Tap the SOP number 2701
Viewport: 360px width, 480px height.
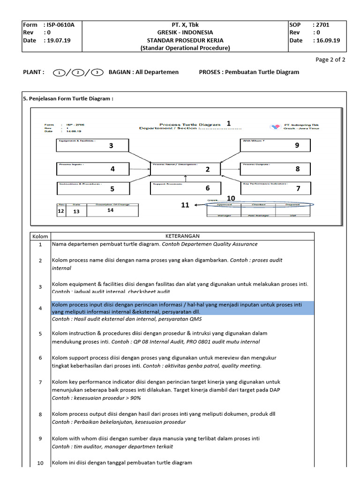(x=324, y=24)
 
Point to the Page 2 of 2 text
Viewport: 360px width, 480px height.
(x=330, y=60)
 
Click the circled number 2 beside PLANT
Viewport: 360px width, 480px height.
(x=78, y=72)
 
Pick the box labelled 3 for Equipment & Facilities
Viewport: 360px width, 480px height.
(x=92, y=145)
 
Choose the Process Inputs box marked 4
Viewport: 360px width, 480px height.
(x=92, y=169)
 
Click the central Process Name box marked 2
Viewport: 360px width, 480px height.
(x=185, y=169)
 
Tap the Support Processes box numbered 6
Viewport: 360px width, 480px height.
(x=185, y=188)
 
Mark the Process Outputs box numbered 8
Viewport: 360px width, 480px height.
(x=275, y=169)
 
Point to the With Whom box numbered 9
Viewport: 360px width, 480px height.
(x=275, y=145)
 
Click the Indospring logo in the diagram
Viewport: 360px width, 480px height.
(x=275, y=126)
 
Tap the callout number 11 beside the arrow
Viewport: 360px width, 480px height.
(x=185, y=205)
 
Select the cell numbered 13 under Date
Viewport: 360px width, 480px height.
(x=76, y=212)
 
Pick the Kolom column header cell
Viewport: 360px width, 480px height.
(x=40, y=236)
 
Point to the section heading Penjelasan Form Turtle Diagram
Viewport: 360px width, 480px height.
(x=68, y=98)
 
